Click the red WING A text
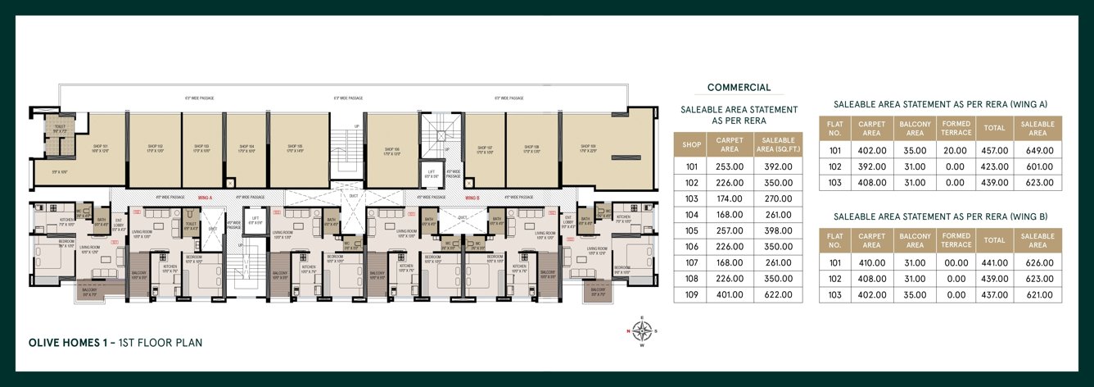point(204,198)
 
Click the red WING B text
point(472,198)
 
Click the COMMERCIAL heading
point(739,88)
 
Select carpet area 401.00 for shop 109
point(729,294)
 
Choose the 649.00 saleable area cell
point(1037,151)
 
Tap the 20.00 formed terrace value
point(956,151)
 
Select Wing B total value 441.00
point(995,263)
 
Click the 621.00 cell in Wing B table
point(1037,294)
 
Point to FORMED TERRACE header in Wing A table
point(956,128)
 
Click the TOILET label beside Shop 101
point(59,129)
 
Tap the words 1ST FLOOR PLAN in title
point(160,342)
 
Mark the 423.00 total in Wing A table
point(995,166)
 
